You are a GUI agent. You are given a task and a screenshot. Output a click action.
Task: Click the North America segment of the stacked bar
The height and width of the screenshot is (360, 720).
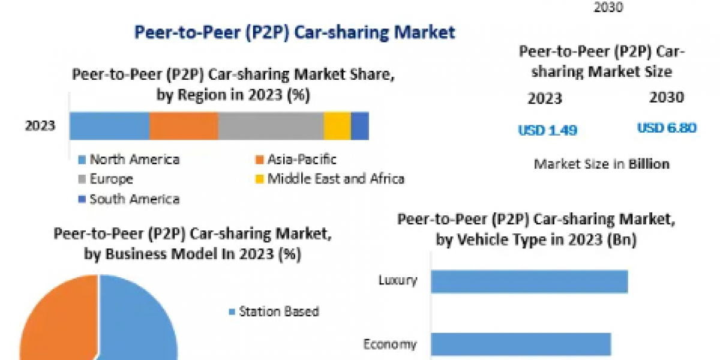click(x=109, y=126)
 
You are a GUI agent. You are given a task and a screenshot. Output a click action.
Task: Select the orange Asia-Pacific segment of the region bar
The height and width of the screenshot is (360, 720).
click(x=184, y=126)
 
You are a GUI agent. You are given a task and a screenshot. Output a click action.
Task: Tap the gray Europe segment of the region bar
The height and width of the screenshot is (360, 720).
click(x=271, y=126)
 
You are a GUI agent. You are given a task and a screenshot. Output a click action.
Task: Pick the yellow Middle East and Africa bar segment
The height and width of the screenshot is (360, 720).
click(x=337, y=126)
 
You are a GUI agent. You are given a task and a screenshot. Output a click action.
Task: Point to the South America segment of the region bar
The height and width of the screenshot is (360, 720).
click(x=360, y=126)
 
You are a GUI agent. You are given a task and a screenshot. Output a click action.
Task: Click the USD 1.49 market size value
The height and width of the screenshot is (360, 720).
click(x=547, y=130)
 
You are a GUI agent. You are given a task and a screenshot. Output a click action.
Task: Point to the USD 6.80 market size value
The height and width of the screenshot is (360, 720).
click(x=667, y=128)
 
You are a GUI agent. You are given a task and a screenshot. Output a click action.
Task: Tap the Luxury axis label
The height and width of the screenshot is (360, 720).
click(x=398, y=280)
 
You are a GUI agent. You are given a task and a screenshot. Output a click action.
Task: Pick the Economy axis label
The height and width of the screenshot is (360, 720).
click(x=390, y=344)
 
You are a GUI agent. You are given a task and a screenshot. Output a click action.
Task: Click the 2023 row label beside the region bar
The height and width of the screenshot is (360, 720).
click(x=40, y=126)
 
